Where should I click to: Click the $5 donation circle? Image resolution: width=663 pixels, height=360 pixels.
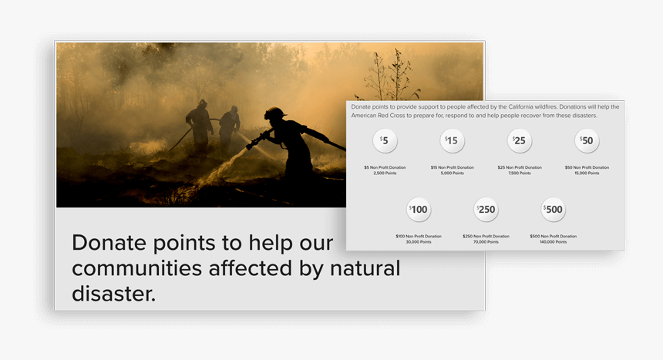[385, 141]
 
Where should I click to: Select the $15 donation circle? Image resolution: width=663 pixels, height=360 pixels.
[453, 141]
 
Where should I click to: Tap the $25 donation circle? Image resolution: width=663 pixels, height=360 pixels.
[520, 141]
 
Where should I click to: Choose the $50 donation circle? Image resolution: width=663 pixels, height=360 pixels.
[587, 141]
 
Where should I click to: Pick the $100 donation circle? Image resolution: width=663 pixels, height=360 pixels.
[419, 210]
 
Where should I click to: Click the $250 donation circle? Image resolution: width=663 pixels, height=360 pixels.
[486, 210]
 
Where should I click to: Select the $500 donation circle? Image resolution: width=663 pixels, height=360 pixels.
[553, 210]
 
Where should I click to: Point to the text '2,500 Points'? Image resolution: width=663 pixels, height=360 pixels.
[385, 173]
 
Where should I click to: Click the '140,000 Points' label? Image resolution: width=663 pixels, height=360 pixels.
[553, 242]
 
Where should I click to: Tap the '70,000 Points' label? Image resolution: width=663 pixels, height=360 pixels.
[486, 242]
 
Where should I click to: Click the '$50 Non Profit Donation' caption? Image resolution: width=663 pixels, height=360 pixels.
[587, 167]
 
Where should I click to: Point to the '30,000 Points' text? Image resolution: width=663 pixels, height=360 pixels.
[419, 242]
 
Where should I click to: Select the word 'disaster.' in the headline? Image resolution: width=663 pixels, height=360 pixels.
[113, 293]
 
